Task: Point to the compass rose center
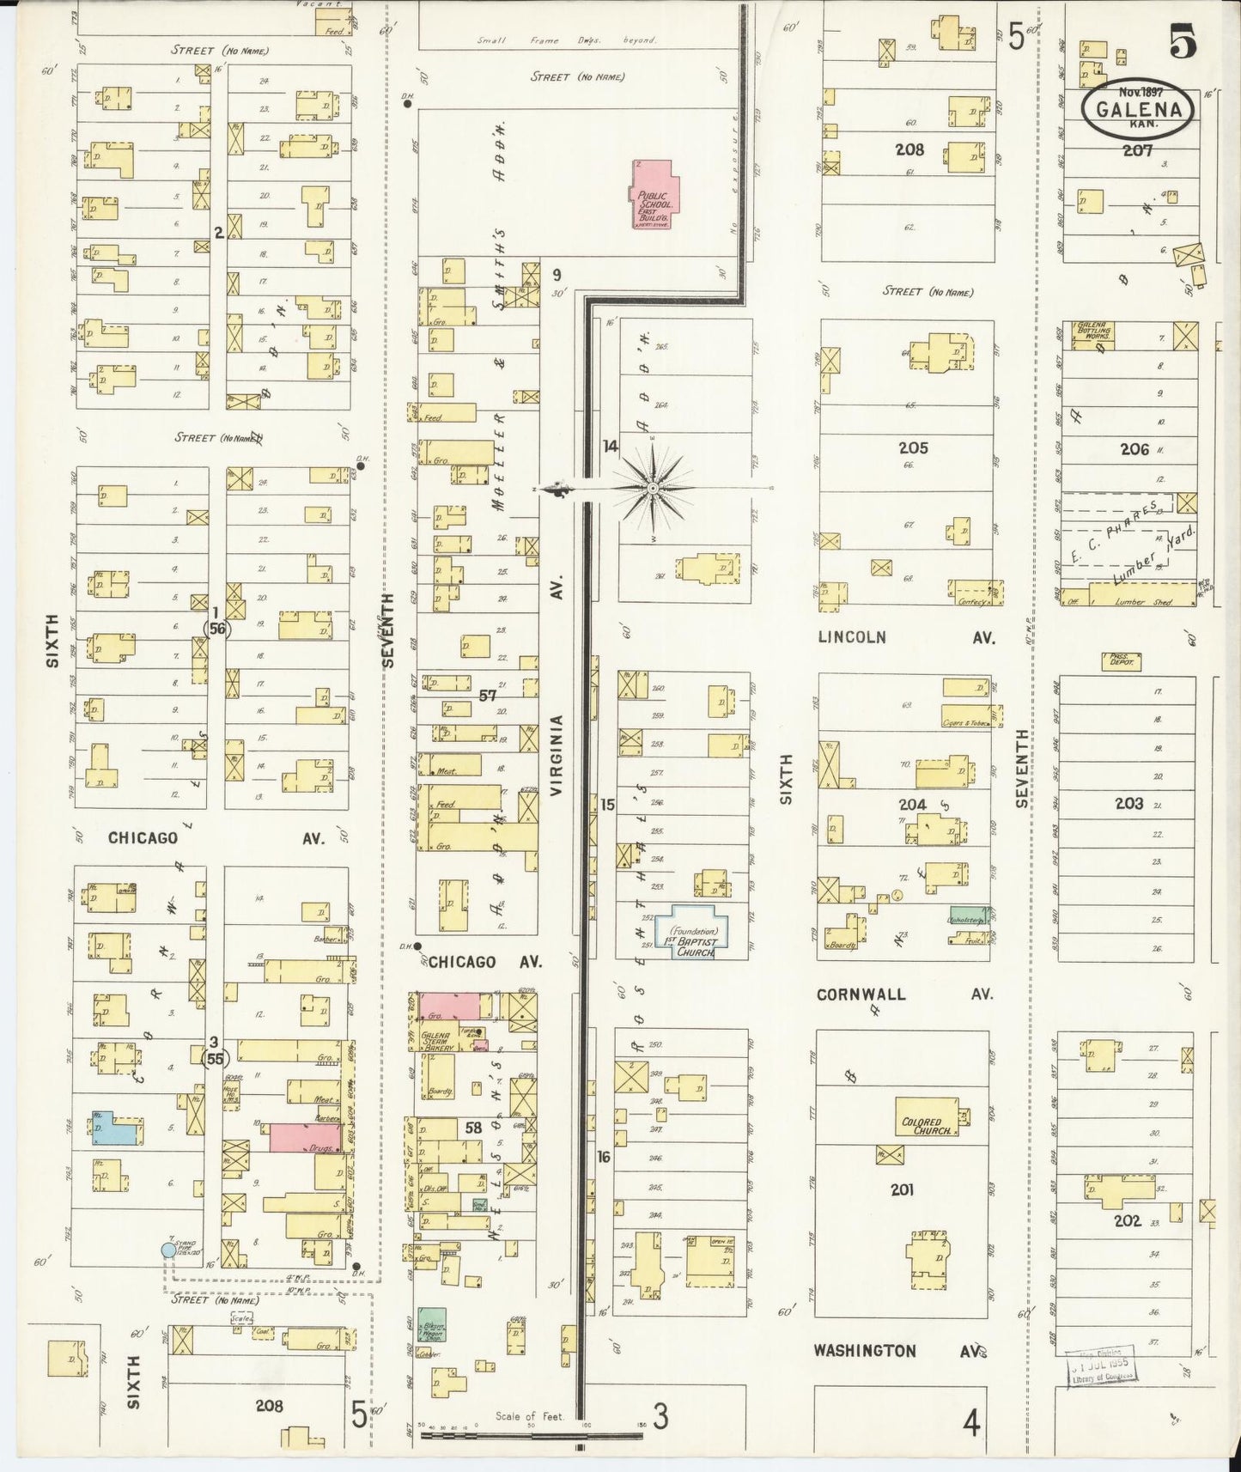tap(653, 488)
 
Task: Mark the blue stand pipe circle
tap(168, 1250)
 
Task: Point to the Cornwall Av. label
tap(903, 995)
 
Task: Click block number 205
tap(913, 448)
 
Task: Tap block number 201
tap(902, 1190)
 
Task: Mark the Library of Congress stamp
tap(1103, 1366)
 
